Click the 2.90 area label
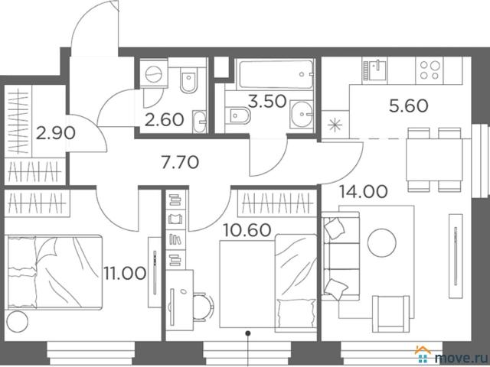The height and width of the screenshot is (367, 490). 56,134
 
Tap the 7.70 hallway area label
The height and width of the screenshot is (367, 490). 180,163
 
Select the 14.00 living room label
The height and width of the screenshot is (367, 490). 364,191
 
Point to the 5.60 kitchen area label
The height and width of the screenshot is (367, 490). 408,106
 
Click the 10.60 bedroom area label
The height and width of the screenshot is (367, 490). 247,230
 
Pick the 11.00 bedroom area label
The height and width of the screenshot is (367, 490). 125,274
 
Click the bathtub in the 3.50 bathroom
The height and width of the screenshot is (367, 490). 276,74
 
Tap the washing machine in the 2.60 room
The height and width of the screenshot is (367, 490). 153,74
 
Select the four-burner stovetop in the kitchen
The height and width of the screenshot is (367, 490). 430,70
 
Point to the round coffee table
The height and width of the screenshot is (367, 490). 381,243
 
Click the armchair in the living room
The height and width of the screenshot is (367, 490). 391,313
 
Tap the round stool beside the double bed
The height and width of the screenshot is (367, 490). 18,321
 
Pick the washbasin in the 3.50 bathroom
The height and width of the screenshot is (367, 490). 302,114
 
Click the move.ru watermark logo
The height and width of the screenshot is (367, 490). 452,356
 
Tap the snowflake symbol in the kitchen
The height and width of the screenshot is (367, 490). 335,125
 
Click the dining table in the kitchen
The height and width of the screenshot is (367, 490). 434,160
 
